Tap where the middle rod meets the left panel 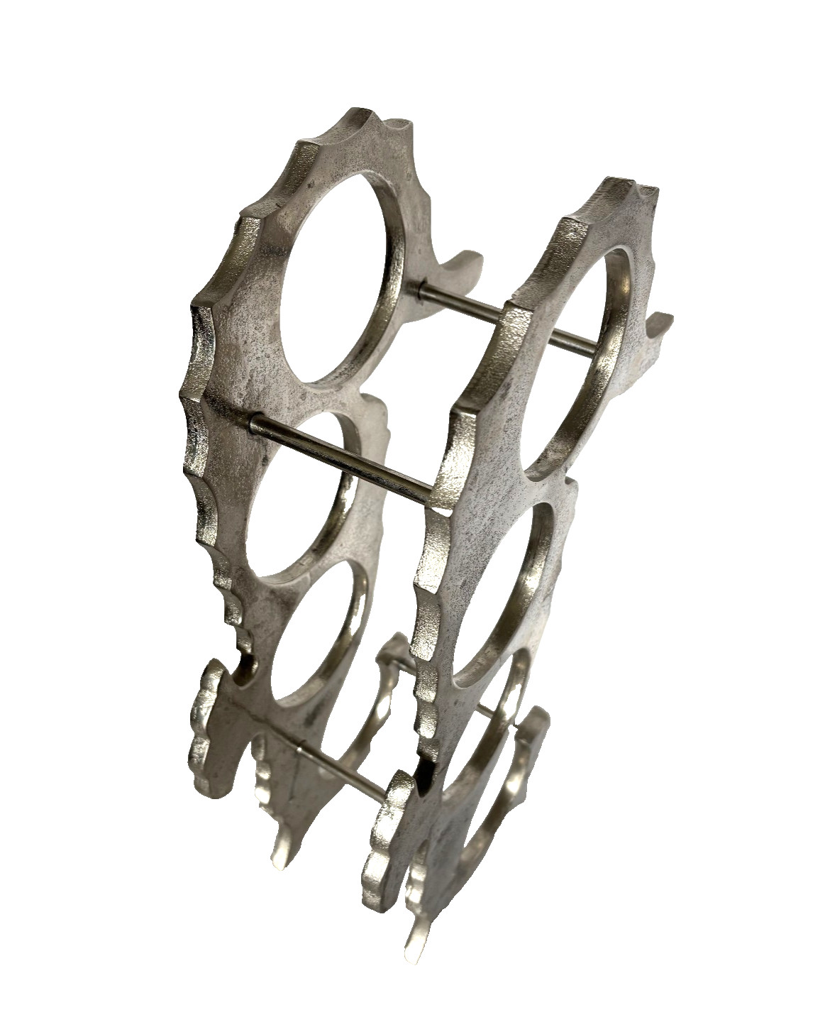click(253, 420)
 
